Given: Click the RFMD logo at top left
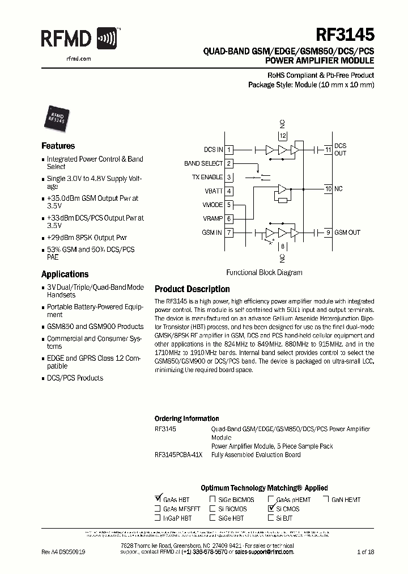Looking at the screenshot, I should (x=79, y=39).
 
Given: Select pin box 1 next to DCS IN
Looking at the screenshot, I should (x=229, y=150).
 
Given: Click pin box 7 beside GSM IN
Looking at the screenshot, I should (x=229, y=233).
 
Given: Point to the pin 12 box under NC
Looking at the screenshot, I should (x=283, y=136).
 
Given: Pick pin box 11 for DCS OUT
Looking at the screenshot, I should (x=328, y=150).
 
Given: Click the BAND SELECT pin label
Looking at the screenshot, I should (x=203, y=163).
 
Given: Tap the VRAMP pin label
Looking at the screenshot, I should (x=212, y=219).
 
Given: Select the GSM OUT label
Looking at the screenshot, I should (x=347, y=233).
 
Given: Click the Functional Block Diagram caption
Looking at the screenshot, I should (x=264, y=272).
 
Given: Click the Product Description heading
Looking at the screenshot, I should (x=192, y=289).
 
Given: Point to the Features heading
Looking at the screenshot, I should (x=58, y=146).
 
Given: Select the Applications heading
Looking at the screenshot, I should (x=65, y=274).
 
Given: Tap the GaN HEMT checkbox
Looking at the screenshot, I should (x=326, y=500).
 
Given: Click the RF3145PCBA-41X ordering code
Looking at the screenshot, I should (x=177, y=455).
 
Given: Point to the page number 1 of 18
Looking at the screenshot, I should (x=365, y=551).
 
